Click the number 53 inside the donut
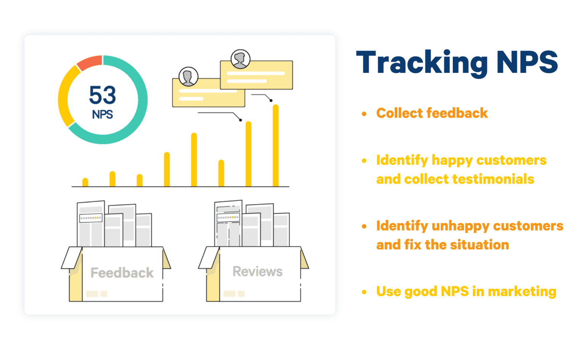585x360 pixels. coord(102,95)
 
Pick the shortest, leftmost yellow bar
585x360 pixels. coord(85,182)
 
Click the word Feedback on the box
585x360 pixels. coord(122,273)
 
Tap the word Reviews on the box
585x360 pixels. coord(257,272)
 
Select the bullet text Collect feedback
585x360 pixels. coord(432,113)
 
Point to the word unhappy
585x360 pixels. coord(460,226)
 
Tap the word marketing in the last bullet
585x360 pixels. coord(522,291)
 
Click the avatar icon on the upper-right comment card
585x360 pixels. coord(240,59)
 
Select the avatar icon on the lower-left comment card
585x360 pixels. coord(188,77)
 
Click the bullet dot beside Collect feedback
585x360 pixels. coord(364,114)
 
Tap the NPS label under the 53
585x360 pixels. coord(102,114)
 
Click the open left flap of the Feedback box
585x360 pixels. coord(72,258)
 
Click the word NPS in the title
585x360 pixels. coord(527,63)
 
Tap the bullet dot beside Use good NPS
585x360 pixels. coord(364,292)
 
